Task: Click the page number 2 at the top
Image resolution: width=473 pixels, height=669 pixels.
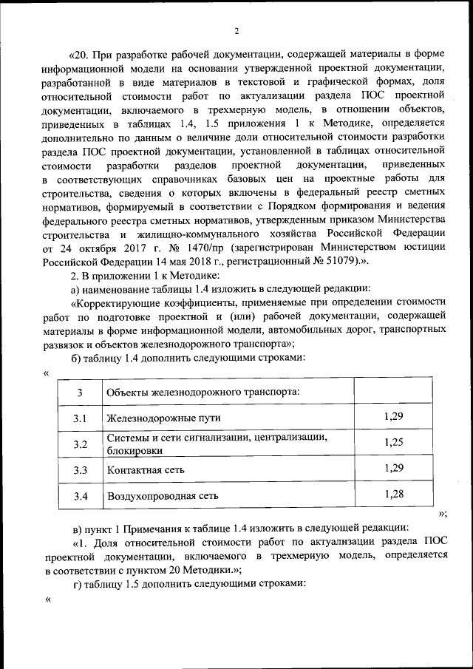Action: [x=236, y=31]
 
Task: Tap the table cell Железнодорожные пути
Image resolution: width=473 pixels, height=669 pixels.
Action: [x=163, y=418]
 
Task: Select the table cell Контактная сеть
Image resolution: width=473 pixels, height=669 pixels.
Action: [x=146, y=470]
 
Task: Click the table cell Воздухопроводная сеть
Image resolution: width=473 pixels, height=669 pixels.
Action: [x=163, y=496]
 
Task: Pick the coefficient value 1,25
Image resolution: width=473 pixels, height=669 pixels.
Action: [x=394, y=443]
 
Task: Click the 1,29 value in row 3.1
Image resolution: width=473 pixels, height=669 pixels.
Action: [x=394, y=417]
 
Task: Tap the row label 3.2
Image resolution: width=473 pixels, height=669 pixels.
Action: [x=81, y=444]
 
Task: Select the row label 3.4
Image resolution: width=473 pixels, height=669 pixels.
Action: [x=81, y=496]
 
